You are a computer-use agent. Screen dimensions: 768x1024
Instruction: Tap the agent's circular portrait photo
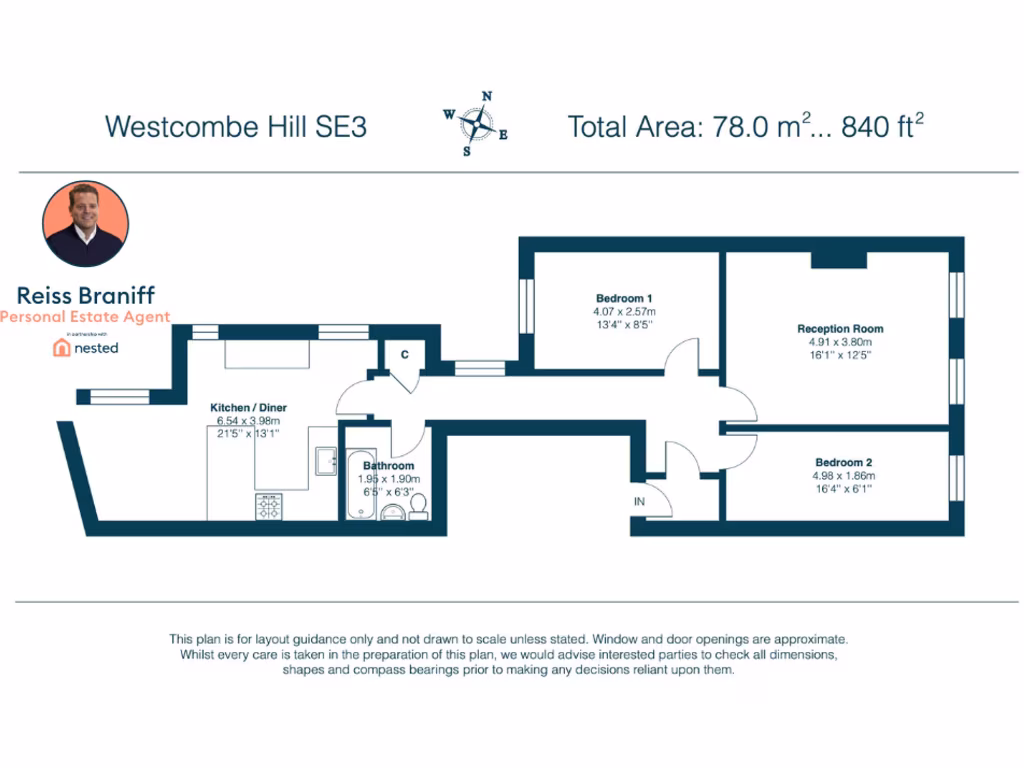click(x=86, y=225)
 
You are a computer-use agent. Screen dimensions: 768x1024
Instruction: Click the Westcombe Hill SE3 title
click(x=236, y=127)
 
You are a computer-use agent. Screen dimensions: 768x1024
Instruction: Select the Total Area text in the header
click(x=745, y=127)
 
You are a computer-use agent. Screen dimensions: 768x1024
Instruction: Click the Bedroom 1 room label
click(x=624, y=298)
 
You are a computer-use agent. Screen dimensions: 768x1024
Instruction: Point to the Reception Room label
click(x=839, y=328)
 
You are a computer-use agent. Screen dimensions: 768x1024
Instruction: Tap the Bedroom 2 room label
click(x=843, y=462)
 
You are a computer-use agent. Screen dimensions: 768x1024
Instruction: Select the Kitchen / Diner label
click(x=248, y=408)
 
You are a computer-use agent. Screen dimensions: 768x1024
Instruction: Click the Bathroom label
click(x=388, y=466)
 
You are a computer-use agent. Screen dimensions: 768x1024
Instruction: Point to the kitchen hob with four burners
click(x=269, y=507)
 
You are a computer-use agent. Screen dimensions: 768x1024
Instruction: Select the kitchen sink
click(x=326, y=460)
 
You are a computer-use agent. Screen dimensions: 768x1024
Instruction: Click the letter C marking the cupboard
click(x=405, y=354)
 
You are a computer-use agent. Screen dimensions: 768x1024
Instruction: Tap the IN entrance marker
click(x=638, y=501)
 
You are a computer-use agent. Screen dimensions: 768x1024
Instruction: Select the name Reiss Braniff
click(x=86, y=295)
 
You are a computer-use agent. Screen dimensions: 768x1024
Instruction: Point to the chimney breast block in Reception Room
click(x=838, y=259)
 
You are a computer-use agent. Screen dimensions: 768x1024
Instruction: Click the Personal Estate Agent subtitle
click(x=86, y=317)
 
